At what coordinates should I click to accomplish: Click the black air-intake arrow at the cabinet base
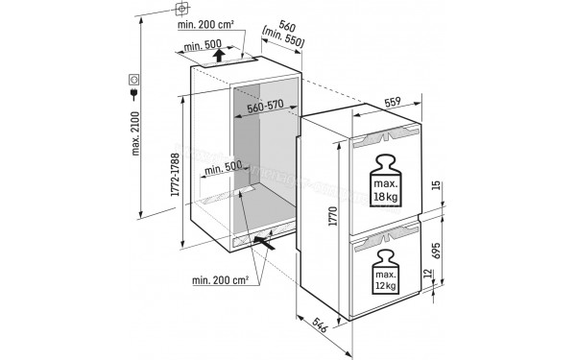click(x=269, y=244)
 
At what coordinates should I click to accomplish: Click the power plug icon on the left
click(x=130, y=95)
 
